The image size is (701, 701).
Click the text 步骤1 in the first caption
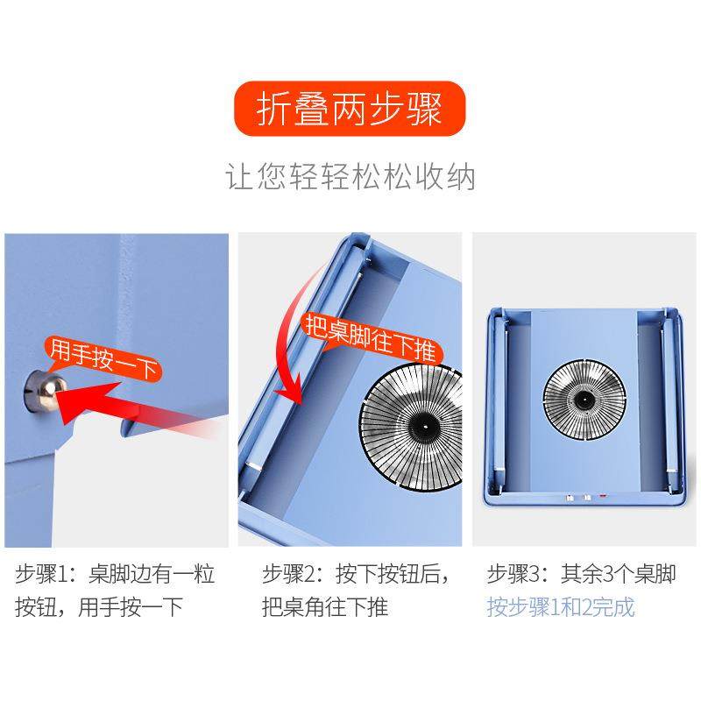40,575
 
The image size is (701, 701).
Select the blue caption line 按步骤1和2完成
561,606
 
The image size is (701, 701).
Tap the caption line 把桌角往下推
325,606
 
